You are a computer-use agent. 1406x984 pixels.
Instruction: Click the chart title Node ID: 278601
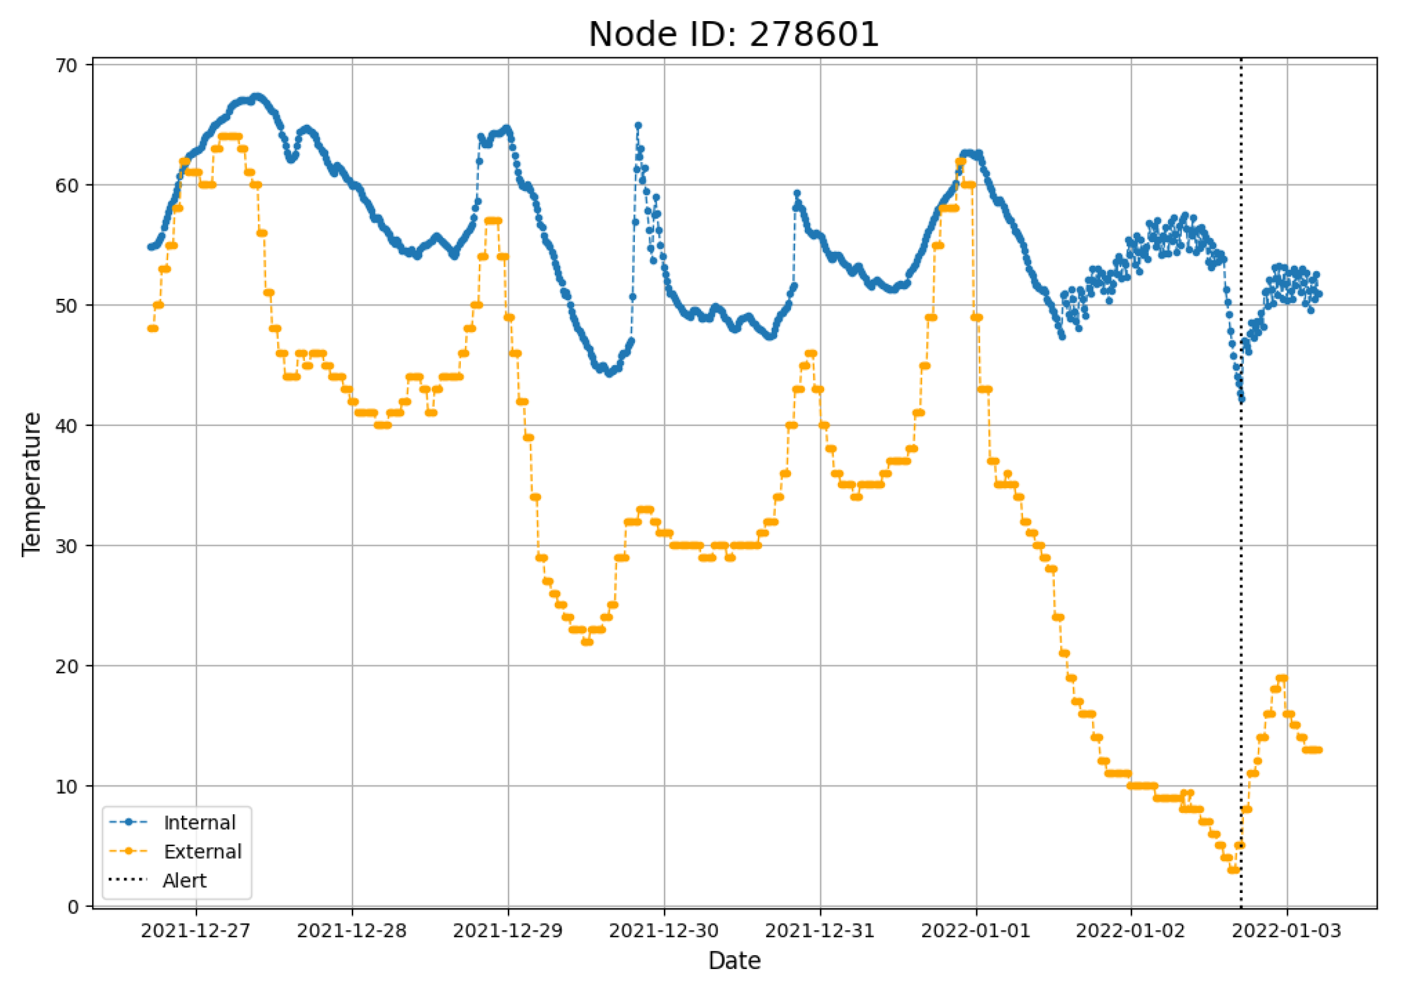[734, 34]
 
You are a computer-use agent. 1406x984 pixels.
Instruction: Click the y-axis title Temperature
[31, 484]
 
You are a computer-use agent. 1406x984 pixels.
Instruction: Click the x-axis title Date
[734, 960]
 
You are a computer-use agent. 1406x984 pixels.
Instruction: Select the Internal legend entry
[199, 823]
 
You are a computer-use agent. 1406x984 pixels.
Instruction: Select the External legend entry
[202, 851]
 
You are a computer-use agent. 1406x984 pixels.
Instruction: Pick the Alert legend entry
[184, 880]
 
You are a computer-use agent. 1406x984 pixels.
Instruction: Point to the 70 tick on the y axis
[67, 65]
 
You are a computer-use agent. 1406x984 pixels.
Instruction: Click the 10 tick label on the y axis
[67, 786]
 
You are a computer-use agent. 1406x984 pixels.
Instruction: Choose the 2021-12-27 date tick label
[196, 931]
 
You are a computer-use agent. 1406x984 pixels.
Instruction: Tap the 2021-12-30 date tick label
[664, 931]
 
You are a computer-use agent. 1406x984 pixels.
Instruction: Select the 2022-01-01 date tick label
[976, 931]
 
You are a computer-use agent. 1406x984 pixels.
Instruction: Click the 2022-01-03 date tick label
[1287, 931]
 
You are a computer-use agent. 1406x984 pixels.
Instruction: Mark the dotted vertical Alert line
[1242, 551]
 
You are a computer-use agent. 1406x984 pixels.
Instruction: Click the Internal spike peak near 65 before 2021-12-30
[638, 125]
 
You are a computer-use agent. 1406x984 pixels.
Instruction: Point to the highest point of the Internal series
[257, 97]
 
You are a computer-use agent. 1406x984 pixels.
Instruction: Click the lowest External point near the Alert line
[1233, 870]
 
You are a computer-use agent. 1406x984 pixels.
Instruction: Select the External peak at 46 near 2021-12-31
[811, 354]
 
